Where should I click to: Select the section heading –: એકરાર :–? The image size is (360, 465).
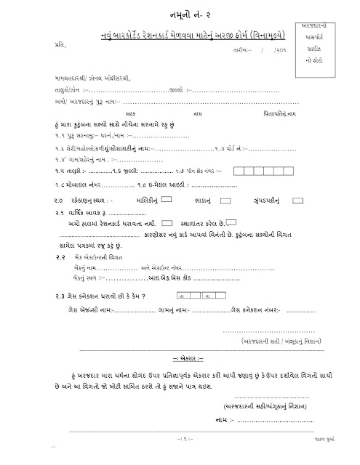pyautogui.click(x=180, y=357)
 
